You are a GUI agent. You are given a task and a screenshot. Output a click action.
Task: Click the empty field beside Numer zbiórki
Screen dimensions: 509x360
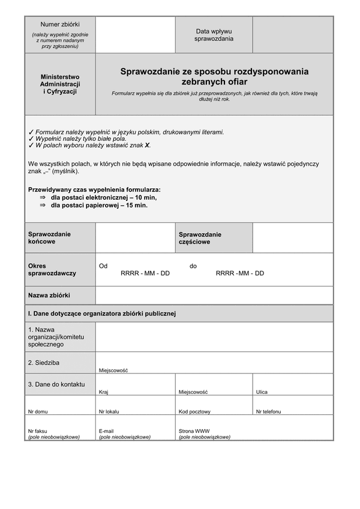click(135, 34)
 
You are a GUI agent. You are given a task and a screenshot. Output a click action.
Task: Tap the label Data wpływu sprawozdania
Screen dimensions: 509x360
click(214, 35)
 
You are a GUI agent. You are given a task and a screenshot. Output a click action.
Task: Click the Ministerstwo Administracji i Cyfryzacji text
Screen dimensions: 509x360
click(60, 85)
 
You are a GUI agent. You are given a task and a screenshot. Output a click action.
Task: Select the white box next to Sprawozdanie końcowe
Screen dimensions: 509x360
click(135, 238)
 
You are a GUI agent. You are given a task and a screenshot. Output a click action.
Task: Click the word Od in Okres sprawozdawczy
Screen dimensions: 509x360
click(103, 266)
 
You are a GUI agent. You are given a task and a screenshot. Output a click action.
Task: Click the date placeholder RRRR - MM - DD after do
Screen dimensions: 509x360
click(239, 273)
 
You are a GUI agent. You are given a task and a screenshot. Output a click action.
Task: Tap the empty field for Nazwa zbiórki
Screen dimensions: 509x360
click(214, 296)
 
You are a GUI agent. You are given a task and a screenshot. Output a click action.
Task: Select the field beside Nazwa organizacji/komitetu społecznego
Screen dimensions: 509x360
click(214, 337)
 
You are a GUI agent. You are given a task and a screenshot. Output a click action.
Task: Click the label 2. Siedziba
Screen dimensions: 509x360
click(44, 363)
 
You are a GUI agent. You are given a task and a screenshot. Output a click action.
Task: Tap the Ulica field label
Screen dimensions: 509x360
click(262, 391)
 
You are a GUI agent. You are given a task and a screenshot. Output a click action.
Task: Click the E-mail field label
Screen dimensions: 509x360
click(106, 431)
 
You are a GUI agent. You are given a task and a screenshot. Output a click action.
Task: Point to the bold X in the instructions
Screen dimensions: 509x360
click(148, 145)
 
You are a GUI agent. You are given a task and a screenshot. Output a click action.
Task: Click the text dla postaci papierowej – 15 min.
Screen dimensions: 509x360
click(99, 205)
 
